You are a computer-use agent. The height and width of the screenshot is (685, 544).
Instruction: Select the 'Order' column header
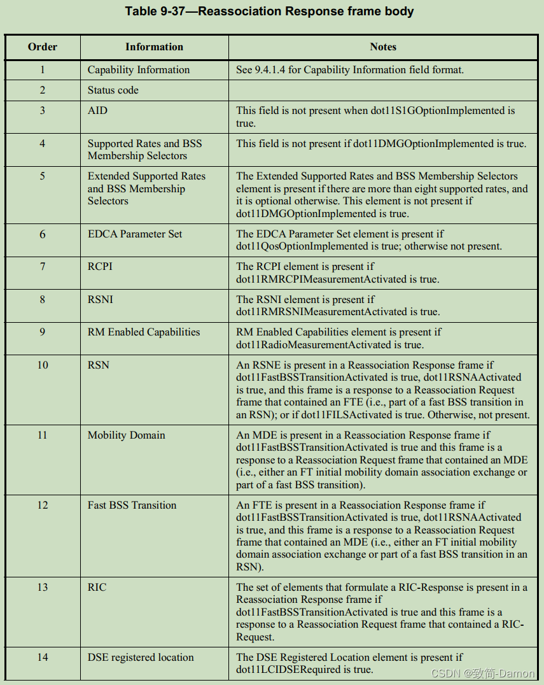coord(43,47)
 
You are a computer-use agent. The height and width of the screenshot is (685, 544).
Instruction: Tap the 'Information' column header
coord(154,47)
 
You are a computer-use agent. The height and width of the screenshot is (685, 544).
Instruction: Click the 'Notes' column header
coord(383,47)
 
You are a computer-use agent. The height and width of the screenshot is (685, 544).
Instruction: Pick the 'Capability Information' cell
coord(139,70)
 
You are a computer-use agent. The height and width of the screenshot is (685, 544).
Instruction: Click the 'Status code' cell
coord(113,90)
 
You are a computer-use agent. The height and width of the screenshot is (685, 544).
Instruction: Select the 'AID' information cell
coord(98,111)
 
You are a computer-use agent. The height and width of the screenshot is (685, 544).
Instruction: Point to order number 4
coord(43,144)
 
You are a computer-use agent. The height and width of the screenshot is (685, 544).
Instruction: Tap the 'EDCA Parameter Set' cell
coord(135,234)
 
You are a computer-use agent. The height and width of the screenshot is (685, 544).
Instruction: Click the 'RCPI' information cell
coord(100,267)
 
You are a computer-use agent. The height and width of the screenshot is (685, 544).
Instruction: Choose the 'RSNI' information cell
coord(101,300)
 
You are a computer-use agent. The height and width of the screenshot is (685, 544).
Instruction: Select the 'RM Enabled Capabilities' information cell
coord(144,332)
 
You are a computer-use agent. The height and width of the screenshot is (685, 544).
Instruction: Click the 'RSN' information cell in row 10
coord(99,365)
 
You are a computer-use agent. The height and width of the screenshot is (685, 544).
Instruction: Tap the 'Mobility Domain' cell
coord(126,435)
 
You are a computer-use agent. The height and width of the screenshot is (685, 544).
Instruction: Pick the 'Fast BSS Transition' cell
coord(132,505)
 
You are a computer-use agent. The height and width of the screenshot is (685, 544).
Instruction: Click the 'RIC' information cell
coord(97,588)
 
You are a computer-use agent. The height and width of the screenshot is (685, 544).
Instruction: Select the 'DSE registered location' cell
coord(141,658)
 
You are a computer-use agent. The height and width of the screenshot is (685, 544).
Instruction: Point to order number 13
coord(43,588)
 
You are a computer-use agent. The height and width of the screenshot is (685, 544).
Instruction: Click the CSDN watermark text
coord(482,674)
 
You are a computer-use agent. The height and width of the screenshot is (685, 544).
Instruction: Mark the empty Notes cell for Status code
coord(383,90)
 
